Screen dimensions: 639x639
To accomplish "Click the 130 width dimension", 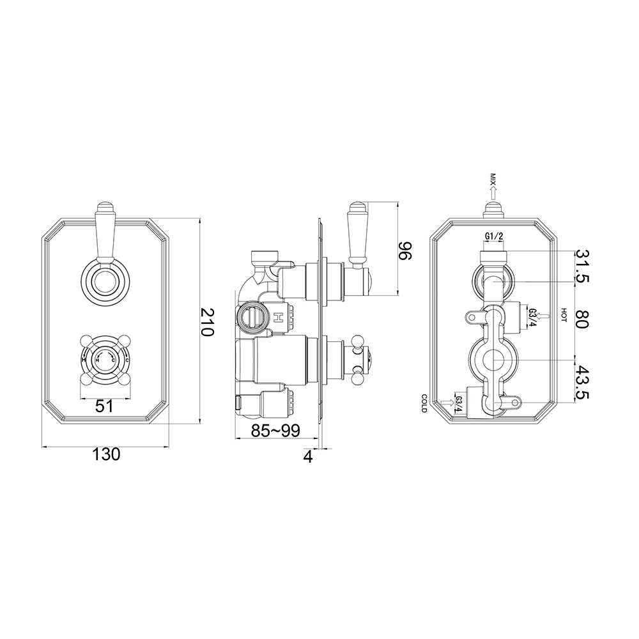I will (x=105, y=454).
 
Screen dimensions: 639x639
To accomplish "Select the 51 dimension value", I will (x=105, y=406).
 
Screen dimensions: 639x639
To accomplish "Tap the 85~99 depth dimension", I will (x=275, y=431).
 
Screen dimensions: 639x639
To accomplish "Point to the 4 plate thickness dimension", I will (x=308, y=458).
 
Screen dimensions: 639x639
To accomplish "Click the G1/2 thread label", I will (x=493, y=237).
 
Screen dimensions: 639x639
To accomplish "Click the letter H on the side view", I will (x=279, y=318).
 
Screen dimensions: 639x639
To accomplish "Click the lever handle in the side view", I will (x=357, y=233).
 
